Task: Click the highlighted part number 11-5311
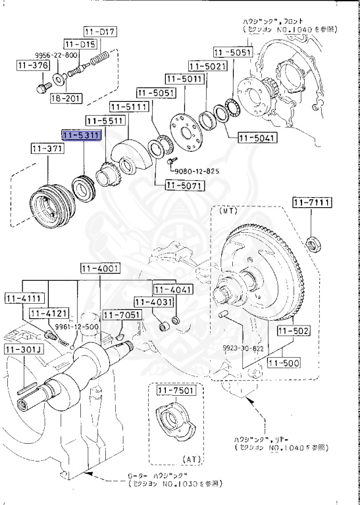(81, 135)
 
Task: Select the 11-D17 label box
(99, 32)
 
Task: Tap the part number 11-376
(31, 64)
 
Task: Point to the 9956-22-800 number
(53, 56)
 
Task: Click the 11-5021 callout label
(207, 66)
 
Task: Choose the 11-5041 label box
(257, 138)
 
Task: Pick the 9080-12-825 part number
(197, 171)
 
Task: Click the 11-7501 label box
(173, 392)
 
